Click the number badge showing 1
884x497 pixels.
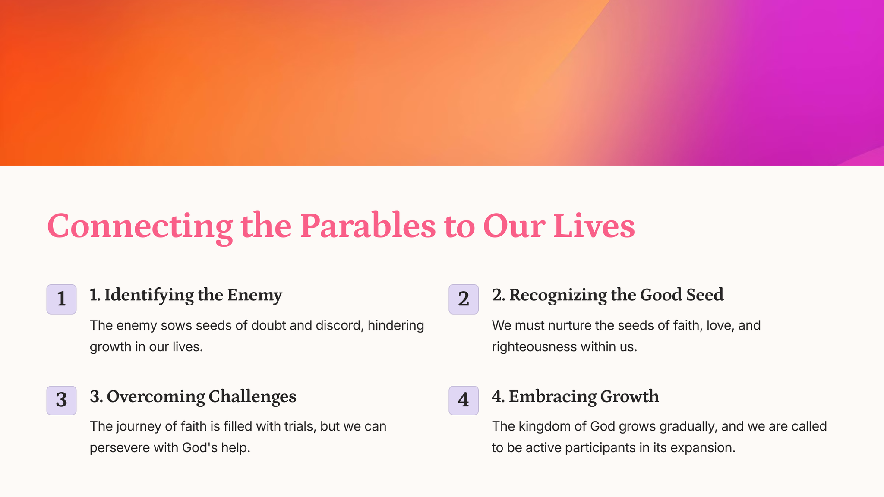[61, 299]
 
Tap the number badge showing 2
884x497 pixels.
[464, 299]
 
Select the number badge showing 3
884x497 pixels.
[61, 400]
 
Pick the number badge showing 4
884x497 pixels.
[464, 400]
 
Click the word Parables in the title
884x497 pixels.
[368, 226]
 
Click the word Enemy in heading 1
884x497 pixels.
[255, 296]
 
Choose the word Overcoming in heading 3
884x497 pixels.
[156, 397]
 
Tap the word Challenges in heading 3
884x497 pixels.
[253, 397]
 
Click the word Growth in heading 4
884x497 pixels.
[630, 396]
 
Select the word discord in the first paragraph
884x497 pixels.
[340, 325]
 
